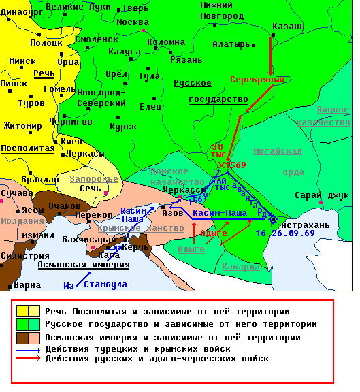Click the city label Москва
(x=132, y=22)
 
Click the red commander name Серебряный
(x=257, y=80)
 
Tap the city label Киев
(x=71, y=141)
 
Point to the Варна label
(x=27, y=284)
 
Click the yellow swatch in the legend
(x=28, y=312)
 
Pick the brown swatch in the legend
(x=28, y=338)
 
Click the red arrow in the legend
(x=28, y=359)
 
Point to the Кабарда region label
(x=242, y=266)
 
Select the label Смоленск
(x=95, y=39)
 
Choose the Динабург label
(x=26, y=11)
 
